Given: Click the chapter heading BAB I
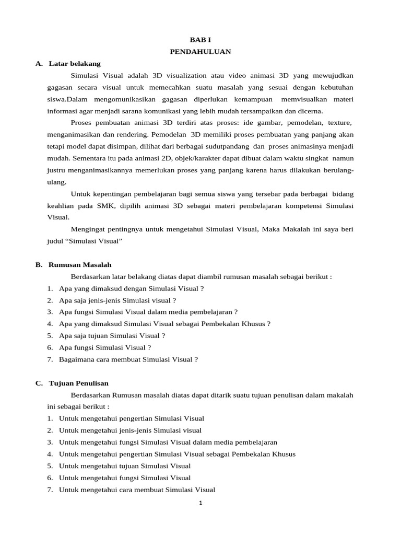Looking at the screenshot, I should (200, 40).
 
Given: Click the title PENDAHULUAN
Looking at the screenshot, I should (200, 52).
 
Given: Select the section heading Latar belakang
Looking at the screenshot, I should (74, 64).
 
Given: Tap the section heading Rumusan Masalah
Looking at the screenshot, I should (80, 265).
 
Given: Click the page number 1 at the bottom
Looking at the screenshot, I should (200, 503).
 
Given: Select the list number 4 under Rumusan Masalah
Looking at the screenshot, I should (50, 324).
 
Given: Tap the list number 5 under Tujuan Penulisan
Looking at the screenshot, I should (50, 466).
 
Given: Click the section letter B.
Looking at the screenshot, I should (39, 265).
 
